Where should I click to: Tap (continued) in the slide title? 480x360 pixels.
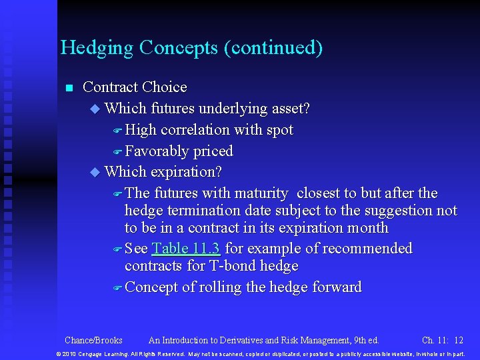pos(275,49)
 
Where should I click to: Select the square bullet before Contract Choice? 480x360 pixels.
pos(68,88)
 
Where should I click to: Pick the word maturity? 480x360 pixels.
pos(261,193)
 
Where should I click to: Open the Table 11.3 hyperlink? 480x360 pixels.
pos(186,249)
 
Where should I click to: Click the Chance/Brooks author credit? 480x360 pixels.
pos(93,339)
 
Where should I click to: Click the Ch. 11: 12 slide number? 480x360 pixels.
pos(443,339)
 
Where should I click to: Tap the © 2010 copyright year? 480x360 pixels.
pos(67,353)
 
